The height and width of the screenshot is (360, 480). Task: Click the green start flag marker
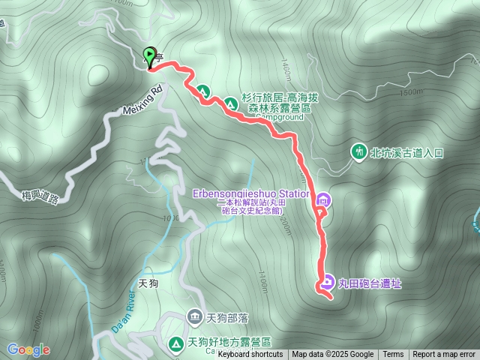tap(148, 57)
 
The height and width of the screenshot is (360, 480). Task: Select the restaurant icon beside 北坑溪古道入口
tap(360, 152)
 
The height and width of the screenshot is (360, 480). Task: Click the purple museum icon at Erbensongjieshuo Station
tap(323, 199)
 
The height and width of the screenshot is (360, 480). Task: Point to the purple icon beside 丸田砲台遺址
tap(328, 283)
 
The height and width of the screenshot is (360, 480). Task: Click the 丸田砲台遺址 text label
tap(370, 283)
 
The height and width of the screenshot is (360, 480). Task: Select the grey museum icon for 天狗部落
tap(195, 316)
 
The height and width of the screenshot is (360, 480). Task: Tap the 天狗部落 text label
tap(227, 316)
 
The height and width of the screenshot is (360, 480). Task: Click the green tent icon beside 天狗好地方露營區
tap(176, 343)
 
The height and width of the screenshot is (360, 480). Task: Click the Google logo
tap(28, 349)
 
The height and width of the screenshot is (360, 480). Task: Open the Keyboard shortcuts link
tap(252, 355)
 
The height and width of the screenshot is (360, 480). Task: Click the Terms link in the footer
tap(393, 355)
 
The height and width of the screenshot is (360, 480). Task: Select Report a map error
tap(444, 355)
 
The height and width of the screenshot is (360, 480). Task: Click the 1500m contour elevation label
tap(411, 93)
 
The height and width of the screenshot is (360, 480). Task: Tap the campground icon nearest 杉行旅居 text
tap(230, 101)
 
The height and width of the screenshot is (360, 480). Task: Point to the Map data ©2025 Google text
tap(333, 355)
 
